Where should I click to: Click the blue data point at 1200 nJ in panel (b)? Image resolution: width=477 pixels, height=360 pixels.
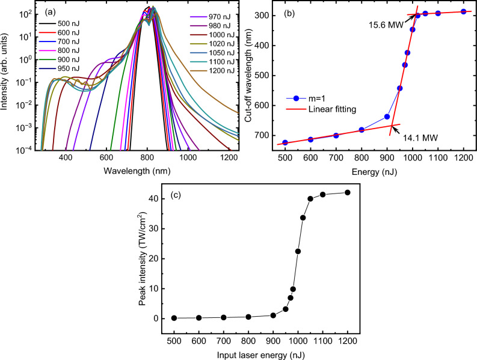[x=463, y=11]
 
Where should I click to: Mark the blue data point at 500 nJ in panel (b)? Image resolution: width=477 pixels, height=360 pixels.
[x=285, y=143]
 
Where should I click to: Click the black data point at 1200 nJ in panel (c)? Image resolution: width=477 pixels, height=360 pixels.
[x=347, y=192]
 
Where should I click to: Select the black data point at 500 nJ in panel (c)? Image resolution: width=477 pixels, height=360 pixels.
[x=174, y=318]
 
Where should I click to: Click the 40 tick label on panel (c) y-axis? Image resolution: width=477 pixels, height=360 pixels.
[x=156, y=198]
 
